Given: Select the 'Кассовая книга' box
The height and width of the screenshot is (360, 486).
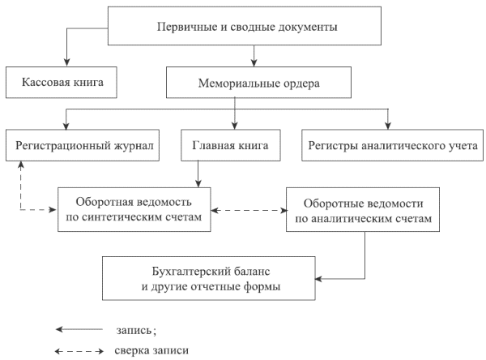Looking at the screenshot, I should [60, 83].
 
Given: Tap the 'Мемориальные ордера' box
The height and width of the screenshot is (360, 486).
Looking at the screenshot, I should [258, 83].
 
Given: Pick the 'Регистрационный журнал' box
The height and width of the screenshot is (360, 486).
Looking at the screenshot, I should [85, 146].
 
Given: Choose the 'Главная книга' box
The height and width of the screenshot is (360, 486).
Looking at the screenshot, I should [230, 146].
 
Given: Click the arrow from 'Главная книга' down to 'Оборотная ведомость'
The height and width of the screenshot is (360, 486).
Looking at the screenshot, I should [198, 174].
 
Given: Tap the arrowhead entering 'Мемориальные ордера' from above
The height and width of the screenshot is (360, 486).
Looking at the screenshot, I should [254, 62].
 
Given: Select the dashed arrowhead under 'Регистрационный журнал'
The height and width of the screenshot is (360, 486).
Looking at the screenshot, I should [20, 166].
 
